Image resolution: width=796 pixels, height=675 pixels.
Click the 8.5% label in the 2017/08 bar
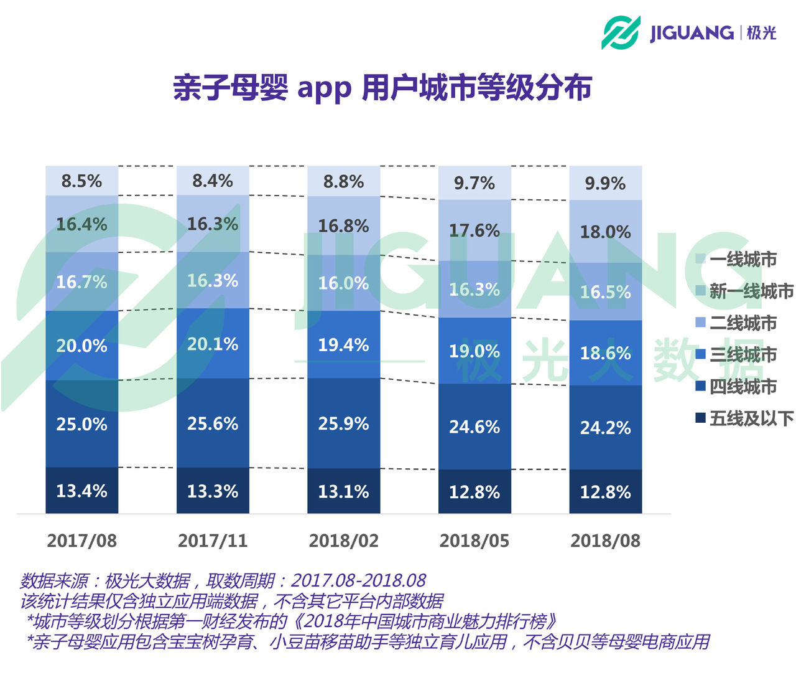tap(81, 181)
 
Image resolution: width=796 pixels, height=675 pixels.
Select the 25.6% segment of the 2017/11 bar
tap(213, 424)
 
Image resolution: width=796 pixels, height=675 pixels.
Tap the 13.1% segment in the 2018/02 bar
tap(343, 492)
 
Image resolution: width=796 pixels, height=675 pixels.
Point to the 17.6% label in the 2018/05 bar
tap(474, 231)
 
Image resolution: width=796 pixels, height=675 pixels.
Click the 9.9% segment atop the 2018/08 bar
tap(605, 184)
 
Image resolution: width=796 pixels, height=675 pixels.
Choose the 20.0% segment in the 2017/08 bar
tap(81, 346)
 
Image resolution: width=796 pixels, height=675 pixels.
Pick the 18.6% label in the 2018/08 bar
tap(605, 354)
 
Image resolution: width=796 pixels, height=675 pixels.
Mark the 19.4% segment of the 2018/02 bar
tap(343, 345)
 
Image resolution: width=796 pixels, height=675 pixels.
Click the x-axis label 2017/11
tap(213, 540)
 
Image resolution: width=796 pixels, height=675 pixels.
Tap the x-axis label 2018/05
tap(474, 540)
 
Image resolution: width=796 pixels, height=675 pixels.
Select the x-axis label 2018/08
tap(605, 540)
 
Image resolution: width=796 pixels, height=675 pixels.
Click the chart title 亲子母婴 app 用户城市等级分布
tap(382, 87)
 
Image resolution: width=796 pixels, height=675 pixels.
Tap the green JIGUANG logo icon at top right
tap(621, 32)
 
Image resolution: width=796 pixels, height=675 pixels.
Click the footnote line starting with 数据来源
tap(223, 581)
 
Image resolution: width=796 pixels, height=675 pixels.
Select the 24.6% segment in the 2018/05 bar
tap(474, 427)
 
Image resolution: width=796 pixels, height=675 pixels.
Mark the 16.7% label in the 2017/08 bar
tap(81, 282)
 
